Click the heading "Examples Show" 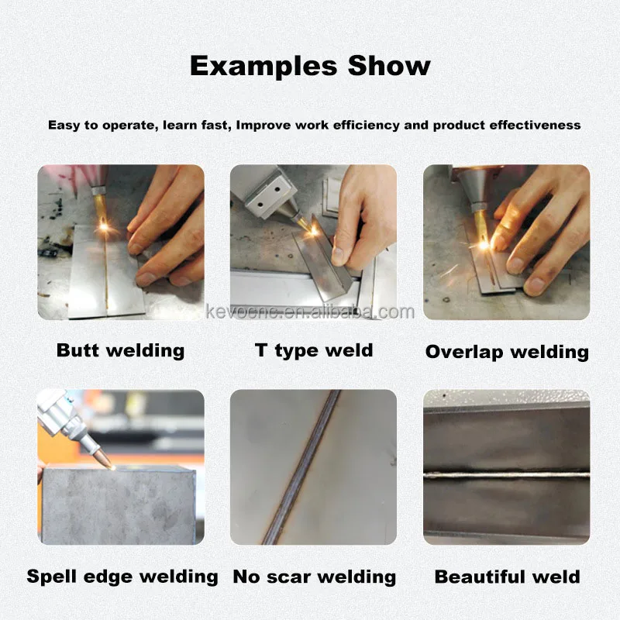click(310, 65)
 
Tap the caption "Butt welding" click(120, 350)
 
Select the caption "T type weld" click(314, 350)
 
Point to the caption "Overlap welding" click(507, 352)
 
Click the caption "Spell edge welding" click(122, 577)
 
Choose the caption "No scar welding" click(314, 577)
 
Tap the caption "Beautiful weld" click(507, 577)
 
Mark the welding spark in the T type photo click(314, 229)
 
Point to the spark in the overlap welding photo click(484, 243)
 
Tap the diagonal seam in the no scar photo click(306, 465)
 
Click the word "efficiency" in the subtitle click(363, 125)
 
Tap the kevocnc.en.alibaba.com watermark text click(310, 312)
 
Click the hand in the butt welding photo click(167, 225)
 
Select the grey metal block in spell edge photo click(116, 504)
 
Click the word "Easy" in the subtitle click(63, 125)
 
